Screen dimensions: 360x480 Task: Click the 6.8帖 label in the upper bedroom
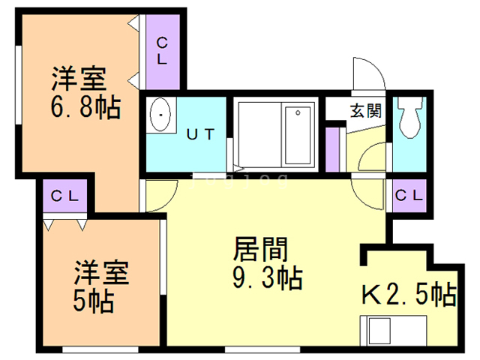[x=85, y=109]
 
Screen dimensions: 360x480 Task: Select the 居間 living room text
[x=261, y=248]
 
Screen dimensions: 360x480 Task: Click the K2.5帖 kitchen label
[x=409, y=294]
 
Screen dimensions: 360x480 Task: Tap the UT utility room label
[x=200, y=135]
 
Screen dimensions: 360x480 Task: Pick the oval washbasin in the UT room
[x=160, y=116]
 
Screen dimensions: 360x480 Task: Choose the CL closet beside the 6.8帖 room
[x=162, y=51]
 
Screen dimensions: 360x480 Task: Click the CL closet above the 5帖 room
[x=65, y=196]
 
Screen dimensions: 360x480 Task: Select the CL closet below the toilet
[x=409, y=196]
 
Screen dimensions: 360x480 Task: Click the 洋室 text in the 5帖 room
[x=101, y=271]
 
